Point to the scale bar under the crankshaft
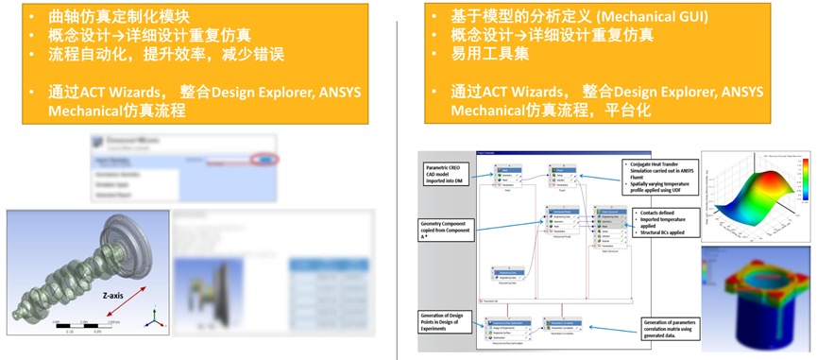coord(80,327)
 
